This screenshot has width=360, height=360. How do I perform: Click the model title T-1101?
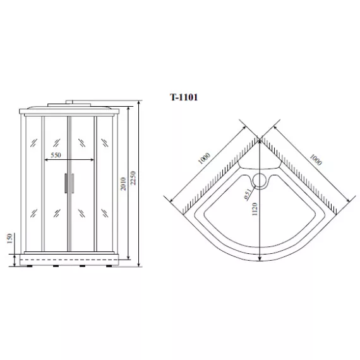click(184, 97)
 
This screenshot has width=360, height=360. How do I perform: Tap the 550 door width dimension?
click(56, 155)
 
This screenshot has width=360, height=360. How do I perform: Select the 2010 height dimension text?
click(123, 184)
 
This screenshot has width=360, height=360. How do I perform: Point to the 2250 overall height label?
click(133, 178)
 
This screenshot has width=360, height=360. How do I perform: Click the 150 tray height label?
click(9, 239)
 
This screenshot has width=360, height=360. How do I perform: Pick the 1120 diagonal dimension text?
click(255, 209)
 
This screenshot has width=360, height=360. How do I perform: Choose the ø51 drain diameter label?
click(248, 194)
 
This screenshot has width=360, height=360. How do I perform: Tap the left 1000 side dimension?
click(204, 158)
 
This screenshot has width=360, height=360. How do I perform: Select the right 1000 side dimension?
click(316, 160)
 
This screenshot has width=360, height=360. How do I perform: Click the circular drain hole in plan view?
click(260, 181)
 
